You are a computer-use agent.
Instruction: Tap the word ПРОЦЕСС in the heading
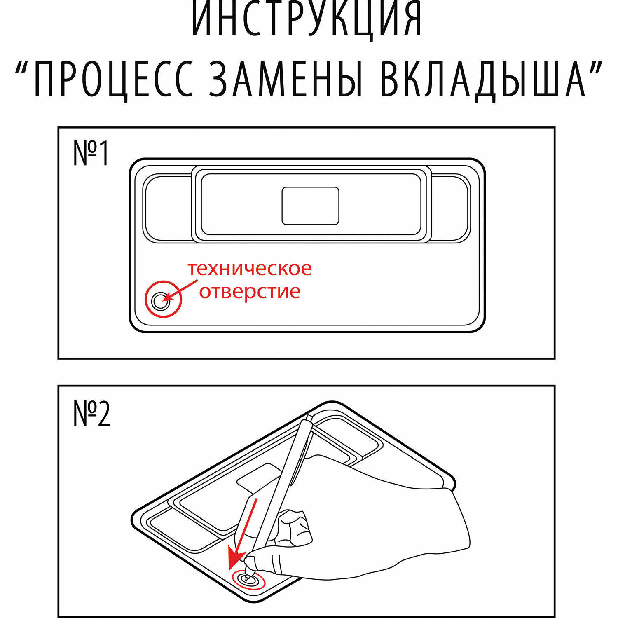113,79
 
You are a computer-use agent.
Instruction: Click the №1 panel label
91,153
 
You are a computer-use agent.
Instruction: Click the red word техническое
250,269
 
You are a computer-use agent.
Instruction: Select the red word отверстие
250,292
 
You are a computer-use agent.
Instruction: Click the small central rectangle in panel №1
310,206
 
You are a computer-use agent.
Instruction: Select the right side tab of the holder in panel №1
451,208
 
